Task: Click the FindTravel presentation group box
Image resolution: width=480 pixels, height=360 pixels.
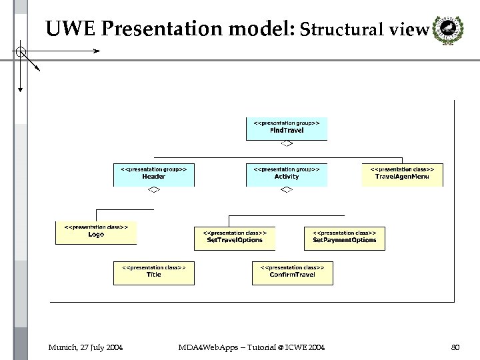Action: click(287, 128)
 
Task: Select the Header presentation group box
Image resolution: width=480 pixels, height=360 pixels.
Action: click(154, 174)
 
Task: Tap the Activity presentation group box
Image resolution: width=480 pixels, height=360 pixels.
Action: click(287, 174)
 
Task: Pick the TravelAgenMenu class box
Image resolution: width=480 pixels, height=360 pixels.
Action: click(402, 174)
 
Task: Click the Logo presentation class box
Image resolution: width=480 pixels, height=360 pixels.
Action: click(96, 232)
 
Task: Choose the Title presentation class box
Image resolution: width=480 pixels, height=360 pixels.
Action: click(154, 272)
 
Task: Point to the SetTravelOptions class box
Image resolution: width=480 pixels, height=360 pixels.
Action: click(235, 238)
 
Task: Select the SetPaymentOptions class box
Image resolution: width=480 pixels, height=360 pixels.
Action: click(345, 238)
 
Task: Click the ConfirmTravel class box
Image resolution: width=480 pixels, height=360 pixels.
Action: click(293, 272)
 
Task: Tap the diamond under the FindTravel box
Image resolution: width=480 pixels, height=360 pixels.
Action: click(287, 143)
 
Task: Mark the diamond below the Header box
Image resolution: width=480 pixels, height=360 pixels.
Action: click(153, 191)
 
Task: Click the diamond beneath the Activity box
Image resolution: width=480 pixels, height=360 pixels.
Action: click(287, 191)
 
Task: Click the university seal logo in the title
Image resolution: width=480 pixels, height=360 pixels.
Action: click(445, 30)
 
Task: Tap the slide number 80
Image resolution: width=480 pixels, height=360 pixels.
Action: click(456, 347)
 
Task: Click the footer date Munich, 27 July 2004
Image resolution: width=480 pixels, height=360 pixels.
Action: click(85, 347)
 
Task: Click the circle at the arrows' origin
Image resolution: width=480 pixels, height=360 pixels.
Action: click(21, 51)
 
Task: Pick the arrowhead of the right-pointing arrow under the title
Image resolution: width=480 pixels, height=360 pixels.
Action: click(97, 51)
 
